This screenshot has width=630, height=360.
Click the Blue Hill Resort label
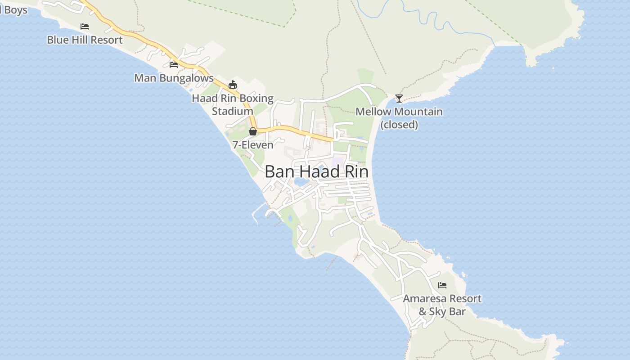tap(85, 40)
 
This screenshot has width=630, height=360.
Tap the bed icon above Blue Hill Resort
tap(85, 27)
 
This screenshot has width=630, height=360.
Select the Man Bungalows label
tap(174, 78)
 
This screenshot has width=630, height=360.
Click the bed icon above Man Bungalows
tap(174, 65)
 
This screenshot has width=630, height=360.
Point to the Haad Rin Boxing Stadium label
tap(233, 104)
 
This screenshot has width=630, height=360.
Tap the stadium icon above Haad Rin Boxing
tap(233, 85)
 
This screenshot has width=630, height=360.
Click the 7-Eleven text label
tap(253, 144)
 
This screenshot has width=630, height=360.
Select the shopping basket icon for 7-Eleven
tap(253, 131)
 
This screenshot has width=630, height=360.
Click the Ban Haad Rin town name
tap(316, 171)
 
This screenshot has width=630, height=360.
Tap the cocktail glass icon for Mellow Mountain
tap(399, 98)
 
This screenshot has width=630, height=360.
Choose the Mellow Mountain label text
tap(399, 112)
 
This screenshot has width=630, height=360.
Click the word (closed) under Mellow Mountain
tap(399, 125)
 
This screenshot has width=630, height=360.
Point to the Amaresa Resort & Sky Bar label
tap(442, 305)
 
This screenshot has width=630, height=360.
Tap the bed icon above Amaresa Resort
tap(442, 285)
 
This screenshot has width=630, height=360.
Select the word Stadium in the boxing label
tap(233, 111)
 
